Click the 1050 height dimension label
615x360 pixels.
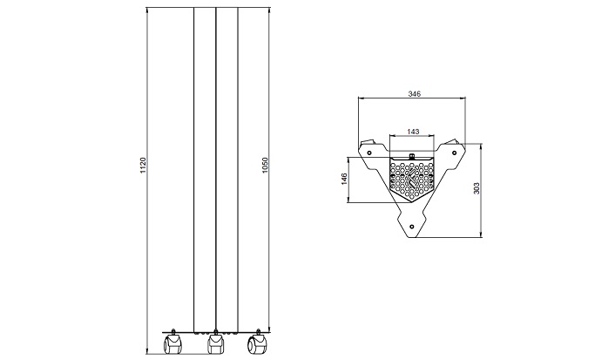click(x=266, y=165)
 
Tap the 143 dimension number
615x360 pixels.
click(x=413, y=132)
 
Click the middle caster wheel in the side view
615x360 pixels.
click(x=214, y=345)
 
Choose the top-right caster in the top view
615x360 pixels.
click(x=456, y=142)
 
